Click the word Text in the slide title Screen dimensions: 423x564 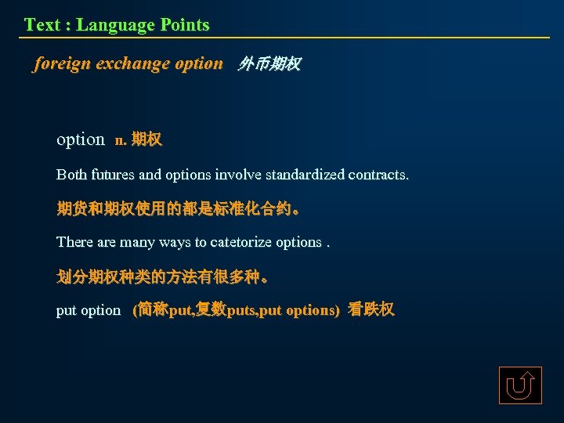pos(42,25)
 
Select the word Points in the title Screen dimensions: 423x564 pos(185,25)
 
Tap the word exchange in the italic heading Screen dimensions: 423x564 pos(132,63)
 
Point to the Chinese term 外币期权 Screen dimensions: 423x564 pos(269,64)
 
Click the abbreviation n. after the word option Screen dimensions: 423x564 pos(120,140)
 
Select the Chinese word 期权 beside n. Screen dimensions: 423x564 pos(146,140)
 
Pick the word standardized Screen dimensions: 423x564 pos(302,174)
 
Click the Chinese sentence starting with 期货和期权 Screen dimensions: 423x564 pos(177,208)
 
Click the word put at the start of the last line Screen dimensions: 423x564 pos(66,310)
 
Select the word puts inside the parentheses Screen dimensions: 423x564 pos(247,310)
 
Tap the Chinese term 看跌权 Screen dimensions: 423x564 pos(371,309)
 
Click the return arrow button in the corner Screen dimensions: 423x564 pos(520,385)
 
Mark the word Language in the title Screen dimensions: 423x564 pos(115,25)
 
